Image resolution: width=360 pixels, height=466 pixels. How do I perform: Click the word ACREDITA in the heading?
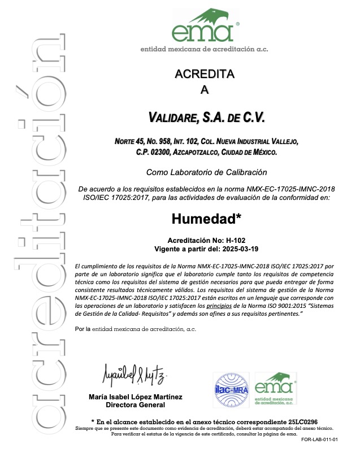(x=204, y=74)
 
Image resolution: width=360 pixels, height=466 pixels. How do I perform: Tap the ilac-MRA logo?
(x=231, y=390)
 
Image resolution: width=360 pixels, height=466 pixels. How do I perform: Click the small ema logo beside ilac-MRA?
(x=275, y=389)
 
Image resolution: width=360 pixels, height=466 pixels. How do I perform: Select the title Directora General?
(x=136, y=404)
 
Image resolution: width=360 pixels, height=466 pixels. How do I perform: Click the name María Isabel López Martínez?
(x=136, y=397)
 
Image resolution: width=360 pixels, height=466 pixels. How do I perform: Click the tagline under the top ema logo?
(x=204, y=50)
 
